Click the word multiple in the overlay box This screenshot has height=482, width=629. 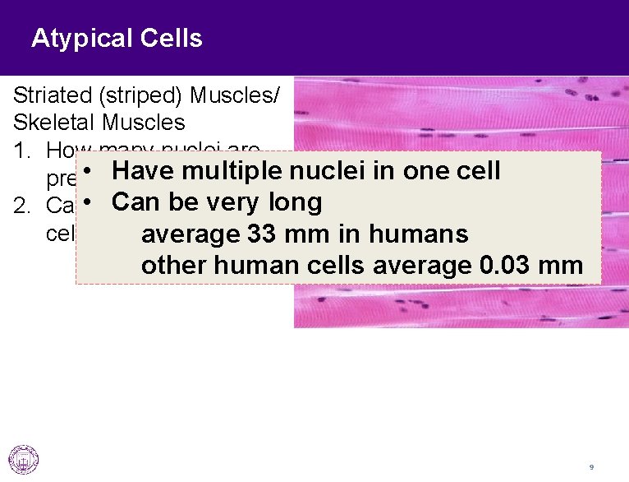[x=232, y=170]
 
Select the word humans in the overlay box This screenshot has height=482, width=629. [x=420, y=234]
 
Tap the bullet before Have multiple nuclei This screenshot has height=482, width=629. [x=96, y=170]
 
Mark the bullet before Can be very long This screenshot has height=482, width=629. [x=96, y=202]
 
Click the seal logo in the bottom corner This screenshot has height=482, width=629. [x=23, y=459]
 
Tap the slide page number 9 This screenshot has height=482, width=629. [x=591, y=467]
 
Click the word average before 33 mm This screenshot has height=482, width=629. [x=191, y=234]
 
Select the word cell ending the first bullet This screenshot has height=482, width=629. [x=473, y=170]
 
